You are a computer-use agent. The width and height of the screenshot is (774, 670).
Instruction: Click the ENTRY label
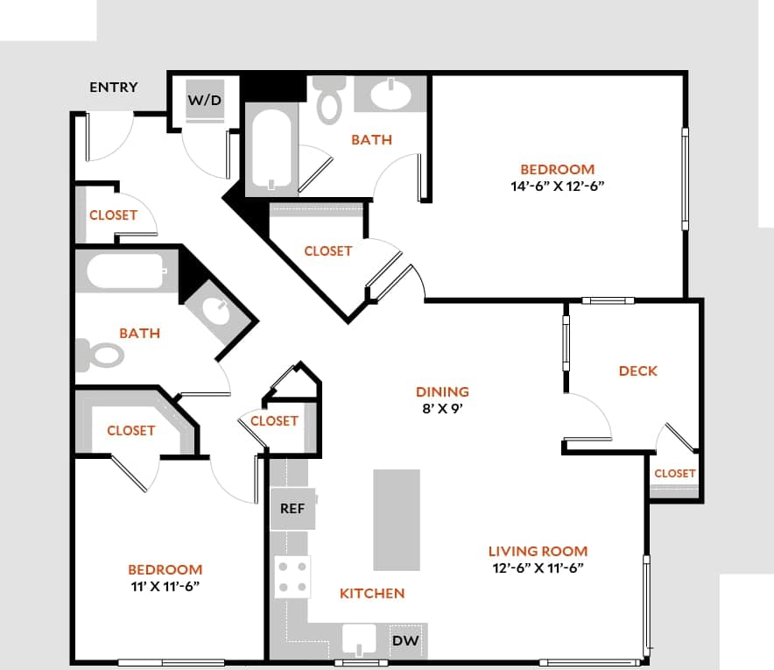(x=113, y=87)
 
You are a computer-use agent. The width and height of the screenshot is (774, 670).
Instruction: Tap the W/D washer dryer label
(x=205, y=100)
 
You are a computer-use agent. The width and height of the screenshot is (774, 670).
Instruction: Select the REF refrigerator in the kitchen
(x=292, y=509)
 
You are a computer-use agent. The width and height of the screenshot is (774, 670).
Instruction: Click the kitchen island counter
(x=397, y=519)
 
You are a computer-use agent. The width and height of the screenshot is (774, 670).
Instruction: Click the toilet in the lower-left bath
(x=103, y=355)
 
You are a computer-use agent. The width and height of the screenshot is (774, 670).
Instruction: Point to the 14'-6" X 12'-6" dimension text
(x=558, y=186)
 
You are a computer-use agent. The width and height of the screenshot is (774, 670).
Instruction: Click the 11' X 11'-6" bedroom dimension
(x=165, y=586)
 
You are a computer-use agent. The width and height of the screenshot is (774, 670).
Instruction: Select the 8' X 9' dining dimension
(x=442, y=407)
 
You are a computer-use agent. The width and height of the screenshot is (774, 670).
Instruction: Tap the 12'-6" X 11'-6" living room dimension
(x=537, y=568)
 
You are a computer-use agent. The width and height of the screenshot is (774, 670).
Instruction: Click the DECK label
(x=637, y=370)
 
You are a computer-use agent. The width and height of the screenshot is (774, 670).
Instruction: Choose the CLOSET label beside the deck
(x=674, y=473)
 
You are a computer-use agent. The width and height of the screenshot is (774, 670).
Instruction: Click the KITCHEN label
(x=372, y=593)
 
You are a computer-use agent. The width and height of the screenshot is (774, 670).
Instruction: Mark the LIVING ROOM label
(x=538, y=551)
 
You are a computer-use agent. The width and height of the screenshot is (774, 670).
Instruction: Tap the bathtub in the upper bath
(x=271, y=147)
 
